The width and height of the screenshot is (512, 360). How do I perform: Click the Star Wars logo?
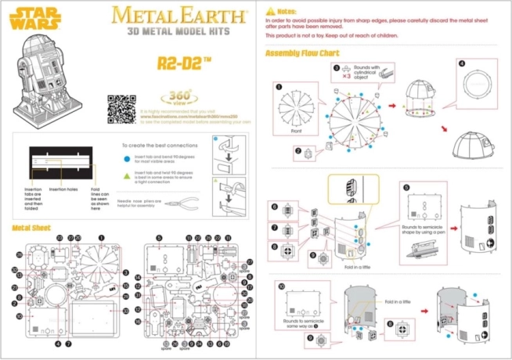click(28, 16)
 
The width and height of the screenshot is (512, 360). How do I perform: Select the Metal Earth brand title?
click(177, 14)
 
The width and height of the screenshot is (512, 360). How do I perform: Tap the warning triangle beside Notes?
click(270, 12)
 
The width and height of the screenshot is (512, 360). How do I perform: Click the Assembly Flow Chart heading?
click(302, 53)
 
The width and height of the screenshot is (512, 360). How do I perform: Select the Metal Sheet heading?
click(32, 228)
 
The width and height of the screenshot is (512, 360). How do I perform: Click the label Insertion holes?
click(67, 189)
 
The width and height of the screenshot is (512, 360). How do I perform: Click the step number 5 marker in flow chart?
click(406, 187)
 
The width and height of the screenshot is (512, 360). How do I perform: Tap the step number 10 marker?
click(282, 286)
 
